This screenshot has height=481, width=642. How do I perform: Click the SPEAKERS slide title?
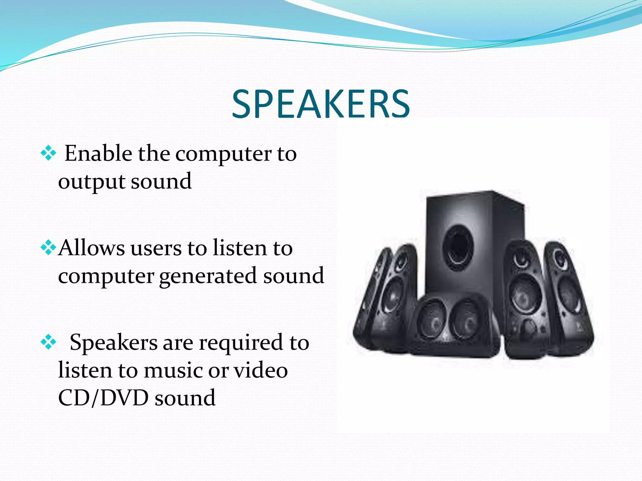tap(321, 104)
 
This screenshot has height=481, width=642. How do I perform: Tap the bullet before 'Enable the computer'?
tap(48, 153)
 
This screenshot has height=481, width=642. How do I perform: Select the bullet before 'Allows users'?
tap(48, 248)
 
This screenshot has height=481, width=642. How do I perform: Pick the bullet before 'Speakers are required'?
tap(48, 342)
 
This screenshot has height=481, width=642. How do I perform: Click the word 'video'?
tap(261, 370)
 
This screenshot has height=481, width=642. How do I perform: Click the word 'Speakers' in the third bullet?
tap(113, 343)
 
